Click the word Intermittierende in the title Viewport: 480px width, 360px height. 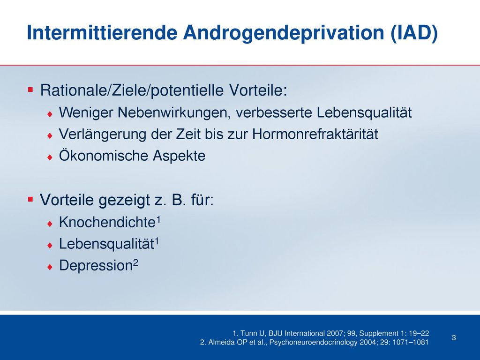pyautogui.click(x=102, y=32)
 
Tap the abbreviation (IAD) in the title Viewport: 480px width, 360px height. pyautogui.click(x=414, y=33)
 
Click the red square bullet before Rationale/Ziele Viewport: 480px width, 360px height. pyautogui.click(x=30, y=90)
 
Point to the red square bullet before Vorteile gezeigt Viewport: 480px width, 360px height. pyautogui.click(x=30, y=199)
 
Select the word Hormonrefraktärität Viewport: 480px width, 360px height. pyautogui.click(x=315, y=134)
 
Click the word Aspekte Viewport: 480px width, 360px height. pyautogui.click(x=179, y=156)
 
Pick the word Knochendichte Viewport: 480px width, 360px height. pyautogui.click(x=107, y=222)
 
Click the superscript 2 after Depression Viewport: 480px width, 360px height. pyautogui.click(x=135, y=262)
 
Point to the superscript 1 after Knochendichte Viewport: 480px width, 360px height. pyautogui.click(x=158, y=219)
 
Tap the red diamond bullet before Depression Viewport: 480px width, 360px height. pyautogui.click(x=50, y=267)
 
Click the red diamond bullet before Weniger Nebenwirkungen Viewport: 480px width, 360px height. pyautogui.click(x=50, y=114)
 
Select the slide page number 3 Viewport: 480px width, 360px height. pyautogui.click(x=454, y=337)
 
